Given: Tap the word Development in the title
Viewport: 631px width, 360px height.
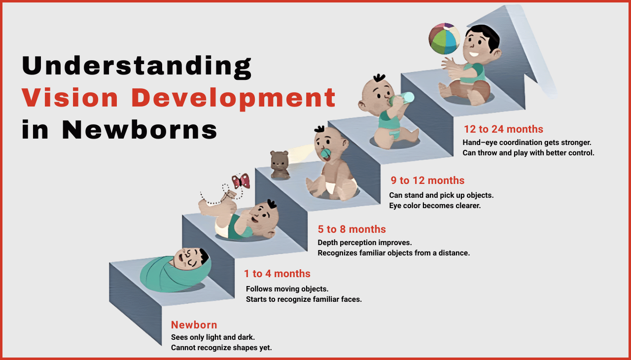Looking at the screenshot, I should point(234,98).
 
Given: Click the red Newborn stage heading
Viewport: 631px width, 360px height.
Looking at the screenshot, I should point(194,325).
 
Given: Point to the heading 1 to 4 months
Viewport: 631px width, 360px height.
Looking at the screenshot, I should point(277,274).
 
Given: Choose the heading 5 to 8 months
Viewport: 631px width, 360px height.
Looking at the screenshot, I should point(351,229).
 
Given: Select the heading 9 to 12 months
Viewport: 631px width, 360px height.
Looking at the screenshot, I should point(427,180).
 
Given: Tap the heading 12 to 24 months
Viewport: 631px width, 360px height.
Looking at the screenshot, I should point(503,129).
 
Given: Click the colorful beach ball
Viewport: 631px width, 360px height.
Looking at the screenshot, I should point(444,39).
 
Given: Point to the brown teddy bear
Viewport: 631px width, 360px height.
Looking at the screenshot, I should point(279,165).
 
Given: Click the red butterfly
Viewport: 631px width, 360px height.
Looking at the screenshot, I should point(241,181).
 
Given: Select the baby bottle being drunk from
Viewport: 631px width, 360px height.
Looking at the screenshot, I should point(401,100).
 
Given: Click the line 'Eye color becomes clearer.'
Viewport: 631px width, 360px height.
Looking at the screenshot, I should point(435,205).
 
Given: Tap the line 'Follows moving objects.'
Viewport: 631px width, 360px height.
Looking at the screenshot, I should point(287,289).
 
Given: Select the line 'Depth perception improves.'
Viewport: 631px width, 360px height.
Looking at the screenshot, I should point(364,243).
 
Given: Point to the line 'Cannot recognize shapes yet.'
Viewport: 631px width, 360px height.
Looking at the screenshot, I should point(221,348).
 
